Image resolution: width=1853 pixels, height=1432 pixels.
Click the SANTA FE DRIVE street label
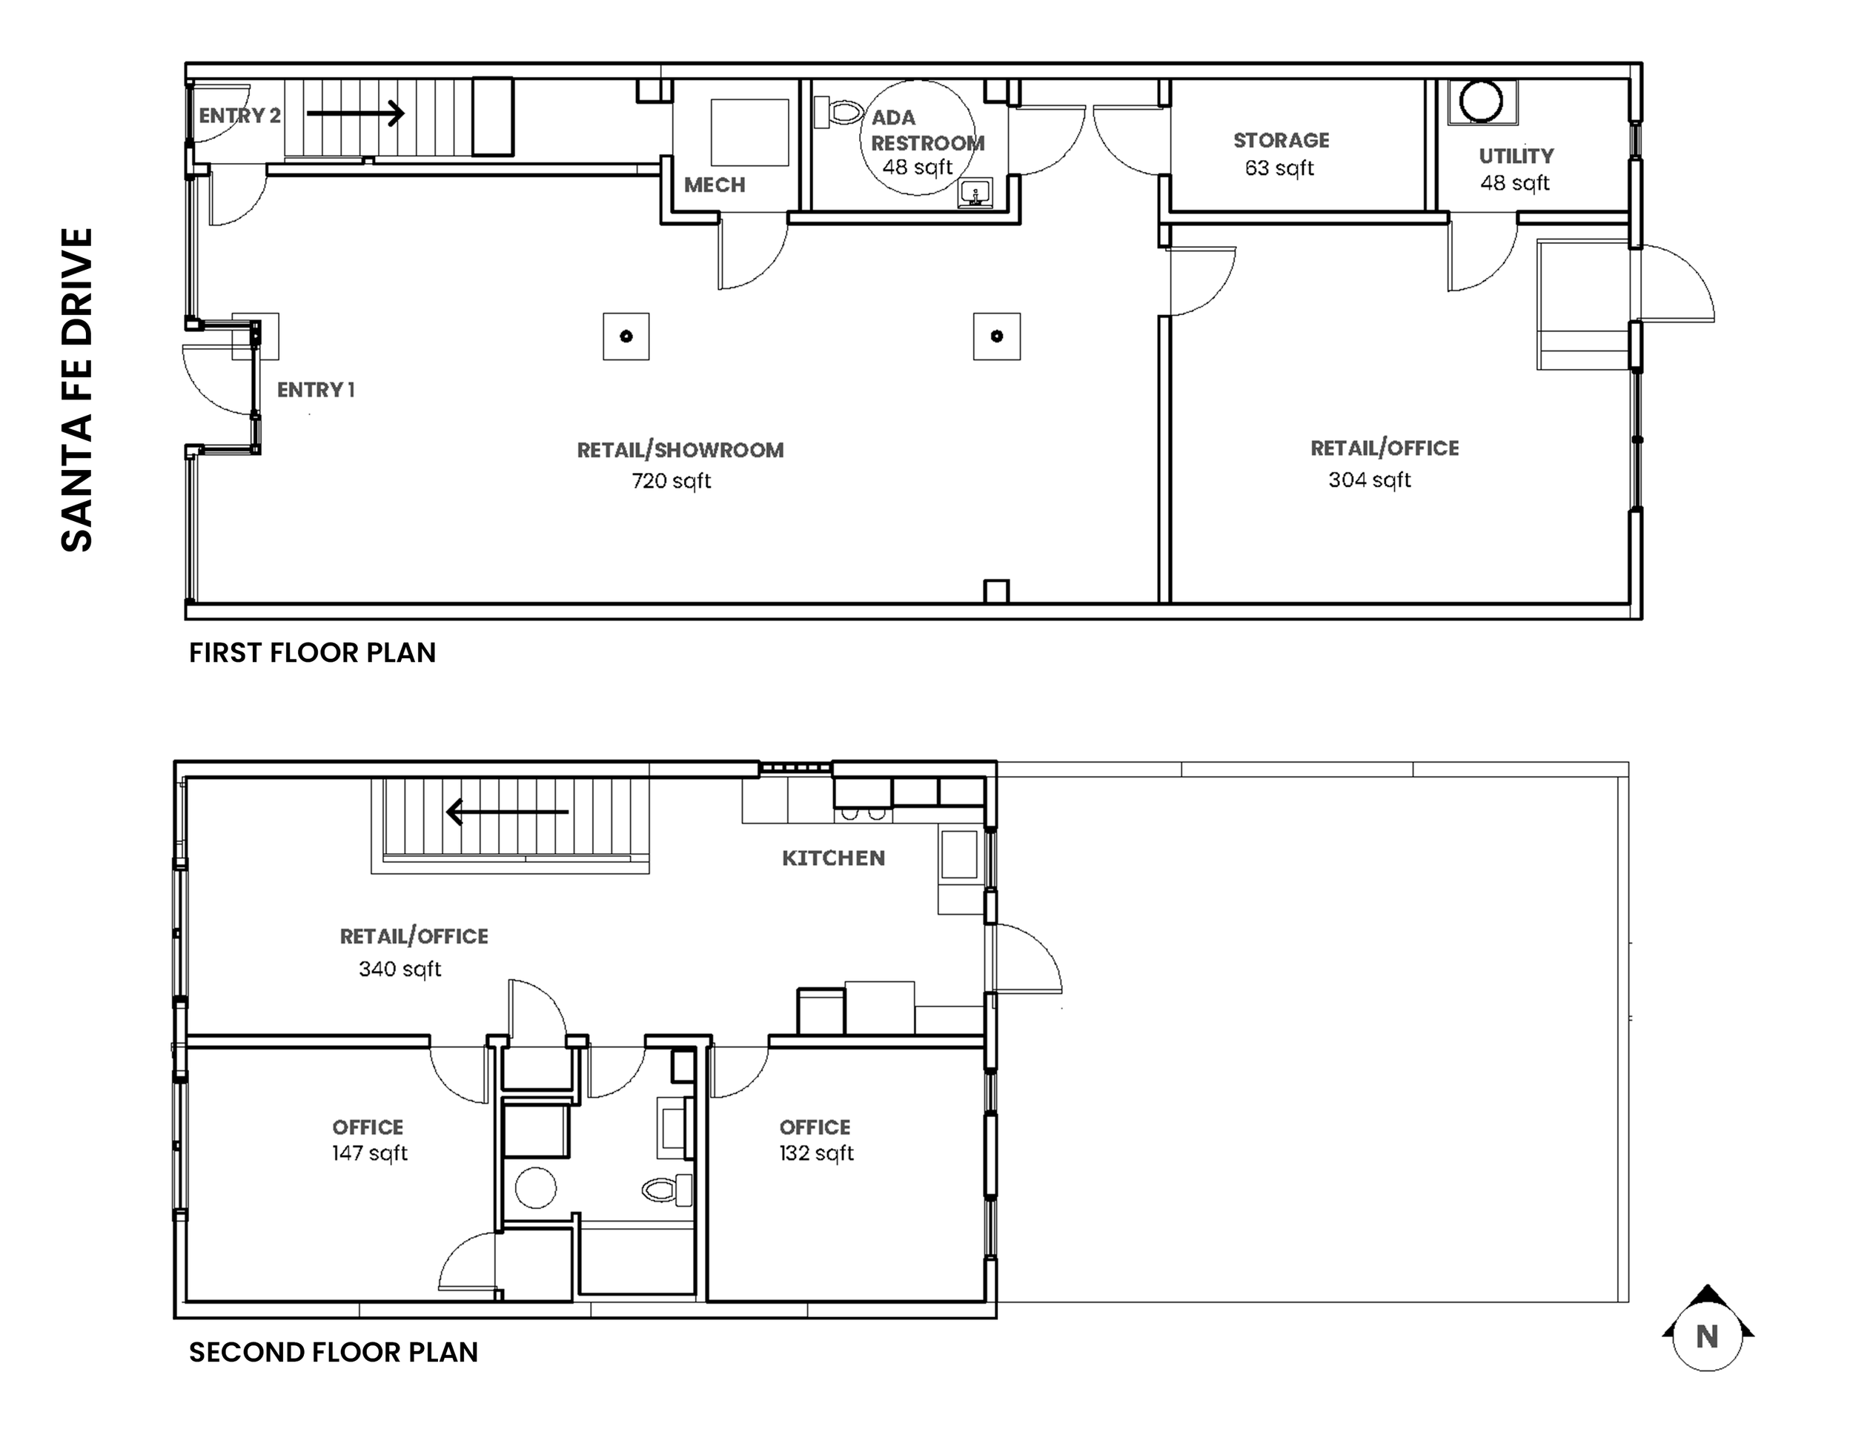(76, 389)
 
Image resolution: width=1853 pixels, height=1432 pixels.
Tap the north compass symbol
(1707, 1337)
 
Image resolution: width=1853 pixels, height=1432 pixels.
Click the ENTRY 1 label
(316, 389)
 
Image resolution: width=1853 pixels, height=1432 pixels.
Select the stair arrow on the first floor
(354, 113)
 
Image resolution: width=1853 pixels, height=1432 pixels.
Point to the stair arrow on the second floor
(508, 812)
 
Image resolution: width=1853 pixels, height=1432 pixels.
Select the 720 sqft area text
(671, 481)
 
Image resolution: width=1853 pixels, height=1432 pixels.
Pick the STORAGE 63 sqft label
(1280, 153)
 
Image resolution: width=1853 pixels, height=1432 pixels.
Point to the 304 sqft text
(1370, 480)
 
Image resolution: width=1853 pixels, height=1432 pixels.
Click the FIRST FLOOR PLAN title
(312, 652)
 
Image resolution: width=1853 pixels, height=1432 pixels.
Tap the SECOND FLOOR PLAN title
(334, 1352)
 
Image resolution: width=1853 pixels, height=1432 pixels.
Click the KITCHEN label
(833, 858)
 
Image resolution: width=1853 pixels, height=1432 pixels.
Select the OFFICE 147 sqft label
(368, 1139)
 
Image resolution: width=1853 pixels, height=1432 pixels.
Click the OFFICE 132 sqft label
(815, 1139)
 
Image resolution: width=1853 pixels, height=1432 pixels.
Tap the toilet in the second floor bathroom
(668, 1190)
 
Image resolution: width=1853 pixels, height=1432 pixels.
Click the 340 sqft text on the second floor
(400, 969)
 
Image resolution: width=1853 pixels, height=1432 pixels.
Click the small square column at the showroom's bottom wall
(996, 591)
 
